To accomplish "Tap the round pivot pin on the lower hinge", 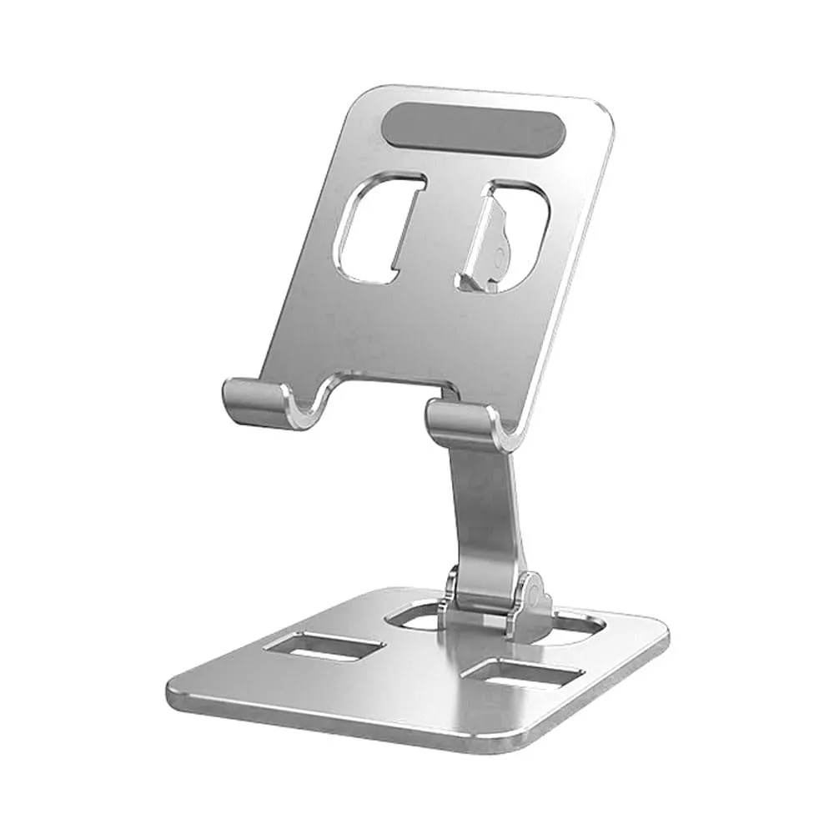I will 531,594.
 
